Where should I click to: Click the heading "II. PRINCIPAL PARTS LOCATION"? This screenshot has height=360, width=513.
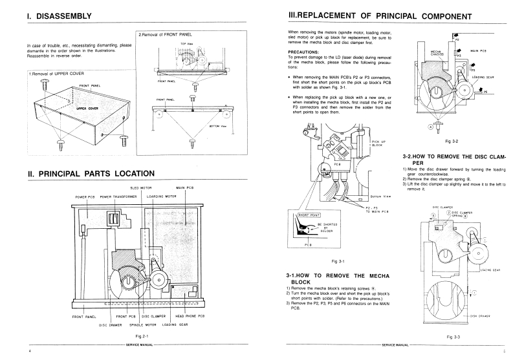(91, 173)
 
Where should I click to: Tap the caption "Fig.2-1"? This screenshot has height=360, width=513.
(134, 337)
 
